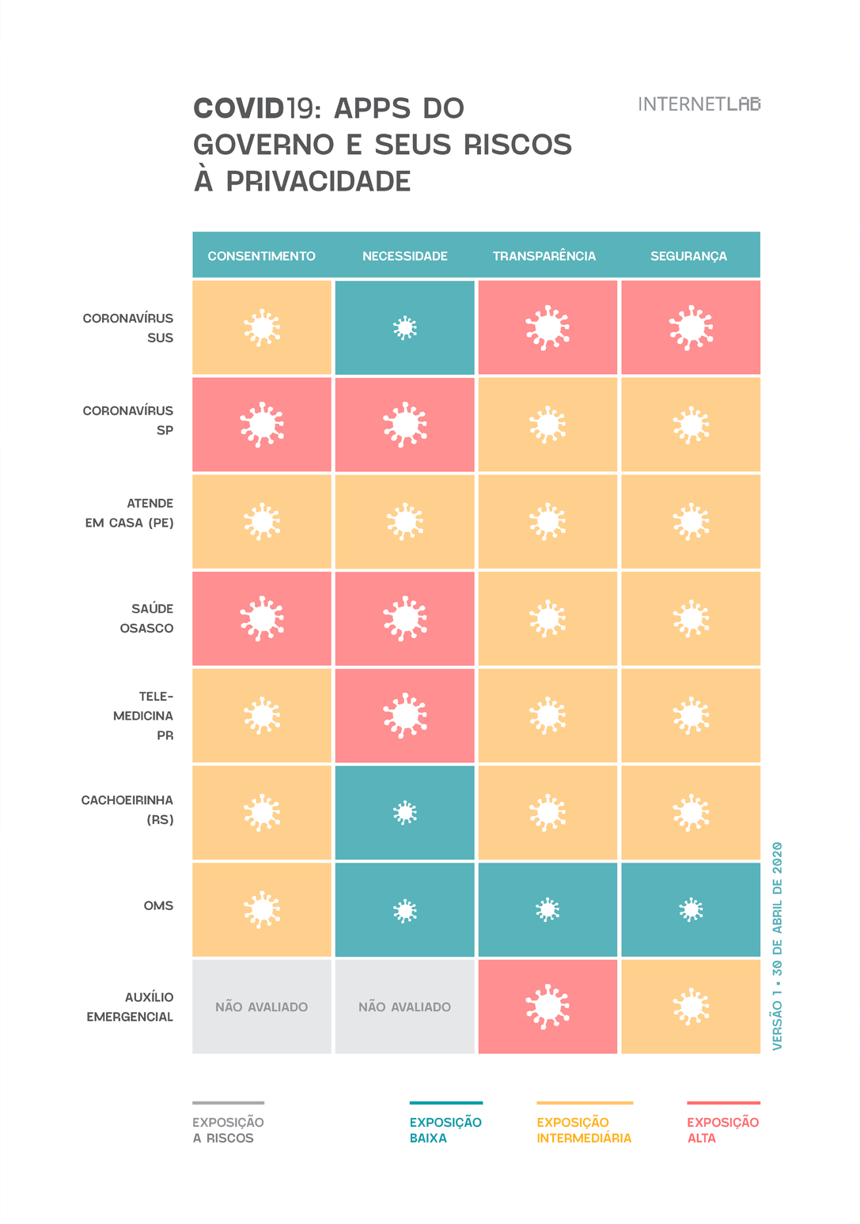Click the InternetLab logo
coord(699,104)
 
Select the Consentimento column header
coord(261,256)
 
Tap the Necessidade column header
coord(404,256)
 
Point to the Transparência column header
coord(544,256)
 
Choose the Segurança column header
coord(688,256)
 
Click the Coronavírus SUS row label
coord(128,327)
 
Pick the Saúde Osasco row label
coord(146,618)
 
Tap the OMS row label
coord(158,905)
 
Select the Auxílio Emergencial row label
coord(130,1007)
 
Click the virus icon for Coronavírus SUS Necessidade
coord(405,327)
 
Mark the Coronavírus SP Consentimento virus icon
coord(262,425)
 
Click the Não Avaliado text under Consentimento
coord(261,1007)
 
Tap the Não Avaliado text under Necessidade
coord(404,1007)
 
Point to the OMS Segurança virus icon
coord(691,910)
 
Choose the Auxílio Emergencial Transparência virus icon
coord(547,1007)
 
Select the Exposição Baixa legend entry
coord(445,1130)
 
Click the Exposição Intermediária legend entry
coord(584,1130)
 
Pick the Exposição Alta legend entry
coord(722,1130)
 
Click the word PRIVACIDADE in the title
coord(318,181)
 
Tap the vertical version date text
coord(777,946)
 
